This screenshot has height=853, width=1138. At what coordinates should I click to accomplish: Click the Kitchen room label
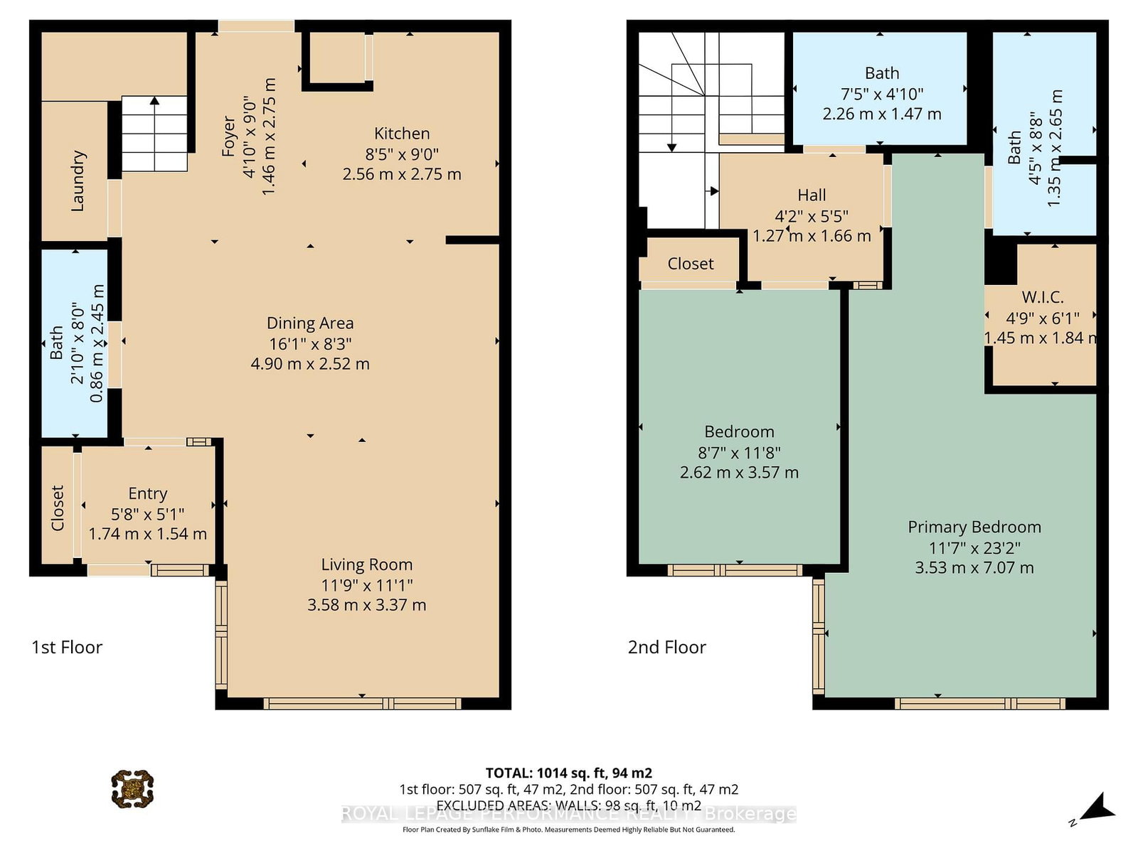coord(402,134)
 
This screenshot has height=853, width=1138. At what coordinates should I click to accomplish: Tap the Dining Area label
coord(310,323)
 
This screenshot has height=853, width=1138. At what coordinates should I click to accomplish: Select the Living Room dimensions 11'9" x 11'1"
coord(366,585)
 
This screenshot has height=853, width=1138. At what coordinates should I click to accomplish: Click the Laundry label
coord(78,181)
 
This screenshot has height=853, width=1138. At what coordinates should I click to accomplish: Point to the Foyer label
coord(228,136)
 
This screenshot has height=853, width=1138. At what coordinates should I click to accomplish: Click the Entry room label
coord(148,493)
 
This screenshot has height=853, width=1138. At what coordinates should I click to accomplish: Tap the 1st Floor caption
coord(67,648)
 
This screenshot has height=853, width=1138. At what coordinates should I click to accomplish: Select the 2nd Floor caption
coord(666,648)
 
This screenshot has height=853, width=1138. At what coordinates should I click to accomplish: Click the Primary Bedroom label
coord(974,527)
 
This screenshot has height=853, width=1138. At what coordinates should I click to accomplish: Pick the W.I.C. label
coord(1042,297)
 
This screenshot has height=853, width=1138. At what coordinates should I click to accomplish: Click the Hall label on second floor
coord(812,195)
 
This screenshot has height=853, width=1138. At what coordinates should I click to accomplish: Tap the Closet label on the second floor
coord(690,264)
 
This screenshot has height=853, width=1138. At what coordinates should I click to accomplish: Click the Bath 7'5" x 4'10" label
coord(882,73)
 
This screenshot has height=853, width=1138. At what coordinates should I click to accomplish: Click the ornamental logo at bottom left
coord(132,788)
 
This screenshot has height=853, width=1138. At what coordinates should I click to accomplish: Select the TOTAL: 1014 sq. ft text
coord(568,773)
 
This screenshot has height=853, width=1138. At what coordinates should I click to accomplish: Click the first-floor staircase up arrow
coord(154,102)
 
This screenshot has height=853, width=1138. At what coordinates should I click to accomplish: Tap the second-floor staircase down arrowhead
coord(671,147)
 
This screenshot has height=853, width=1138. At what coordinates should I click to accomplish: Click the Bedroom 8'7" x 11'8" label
coord(739,432)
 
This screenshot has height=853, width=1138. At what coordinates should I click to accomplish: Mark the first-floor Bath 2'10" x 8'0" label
coord(57,343)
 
